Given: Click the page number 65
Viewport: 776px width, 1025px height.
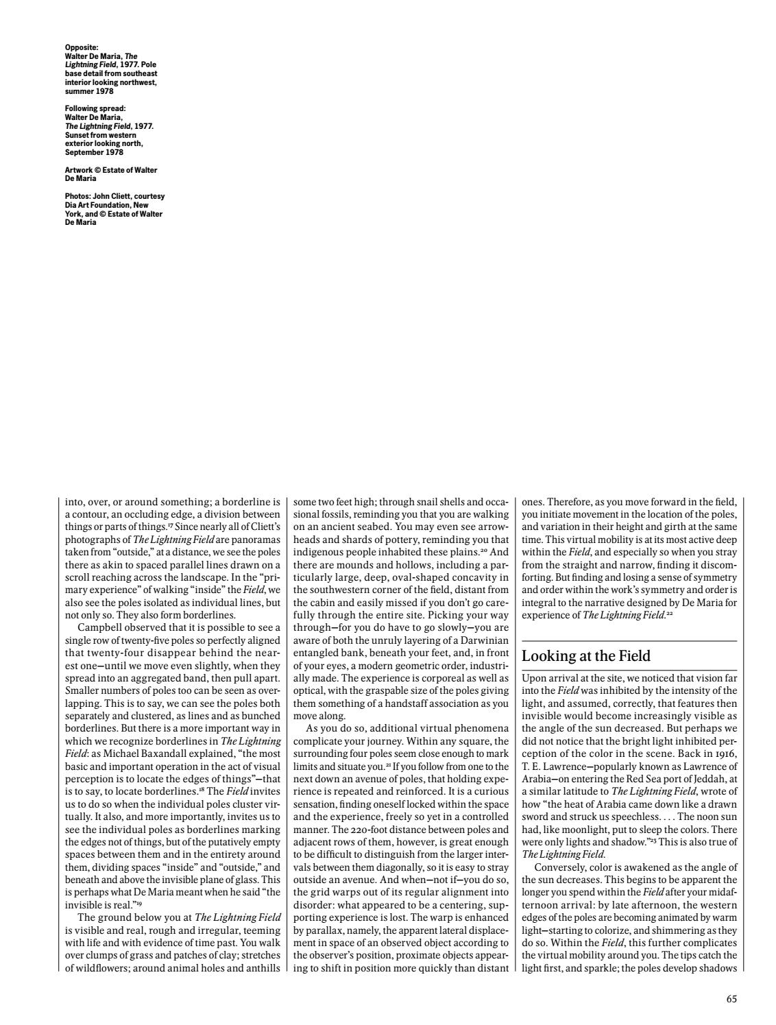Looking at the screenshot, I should pos(731,1000).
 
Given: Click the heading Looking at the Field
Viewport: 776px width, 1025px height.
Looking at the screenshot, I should pos(586,656).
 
